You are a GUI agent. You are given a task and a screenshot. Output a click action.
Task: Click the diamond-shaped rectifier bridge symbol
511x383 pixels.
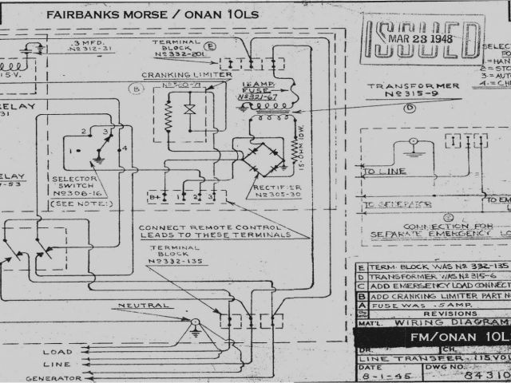(263, 157)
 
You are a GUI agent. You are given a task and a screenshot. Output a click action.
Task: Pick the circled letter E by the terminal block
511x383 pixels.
(210, 46)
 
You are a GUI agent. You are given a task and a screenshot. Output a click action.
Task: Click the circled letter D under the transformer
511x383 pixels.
(410, 108)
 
